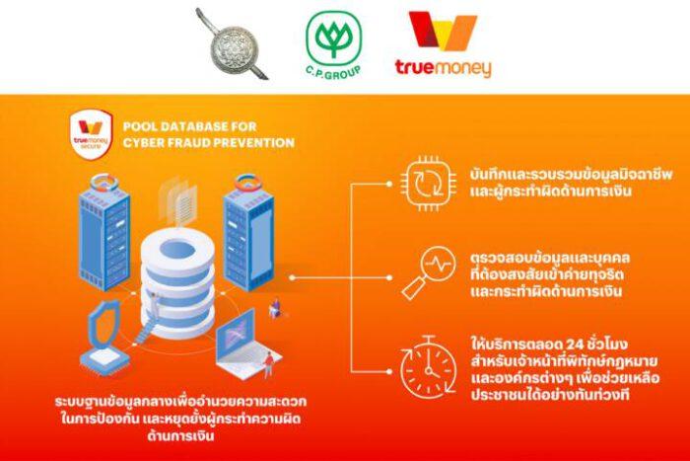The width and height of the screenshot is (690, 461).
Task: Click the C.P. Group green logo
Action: click(x=333, y=45)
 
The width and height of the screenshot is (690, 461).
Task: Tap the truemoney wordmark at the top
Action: click(x=443, y=68)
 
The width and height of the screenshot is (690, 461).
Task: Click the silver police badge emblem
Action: click(x=233, y=45)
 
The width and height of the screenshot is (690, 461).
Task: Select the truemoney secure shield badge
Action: click(x=91, y=134)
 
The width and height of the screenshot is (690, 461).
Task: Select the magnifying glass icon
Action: click(x=428, y=272)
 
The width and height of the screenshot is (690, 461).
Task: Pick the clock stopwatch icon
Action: click(x=428, y=368)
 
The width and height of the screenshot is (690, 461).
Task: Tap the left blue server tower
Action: click(x=104, y=233)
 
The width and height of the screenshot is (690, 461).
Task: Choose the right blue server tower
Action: click(x=248, y=233)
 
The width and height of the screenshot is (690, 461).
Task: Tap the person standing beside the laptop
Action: click(x=268, y=364)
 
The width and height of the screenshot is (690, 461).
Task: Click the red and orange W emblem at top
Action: click(x=443, y=31)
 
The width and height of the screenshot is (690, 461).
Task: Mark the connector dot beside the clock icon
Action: click(x=389, y=371)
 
